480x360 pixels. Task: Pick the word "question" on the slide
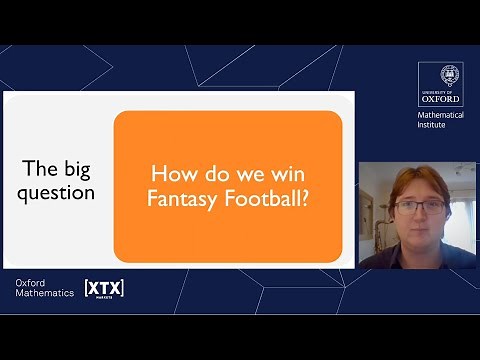pyautogui.click(x=59, y=192)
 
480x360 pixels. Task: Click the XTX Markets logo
pyautogui.click(x=104, y=288)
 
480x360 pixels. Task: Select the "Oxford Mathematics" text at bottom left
pyautogui.click(x=46, y=288)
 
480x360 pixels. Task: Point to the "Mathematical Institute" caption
pyautogui.click(x=440, y=121)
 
